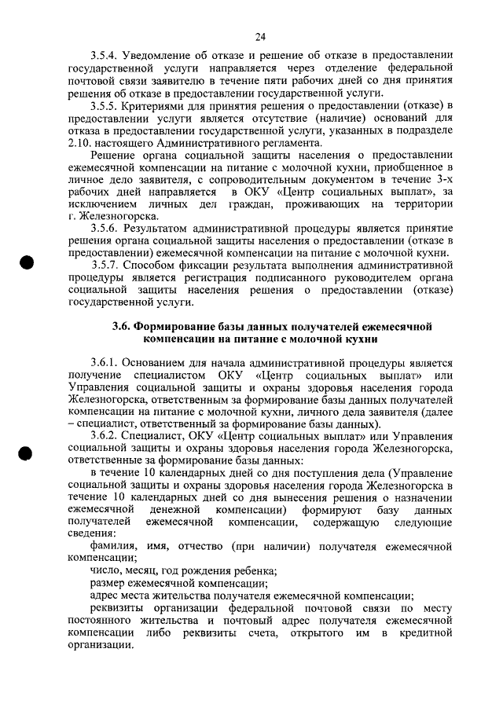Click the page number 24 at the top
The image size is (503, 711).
pos(260,35)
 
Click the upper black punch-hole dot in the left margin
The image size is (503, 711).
pos(29,263)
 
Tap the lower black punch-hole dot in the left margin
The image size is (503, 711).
pos(29,455)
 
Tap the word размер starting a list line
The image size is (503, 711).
pos(108,583)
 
